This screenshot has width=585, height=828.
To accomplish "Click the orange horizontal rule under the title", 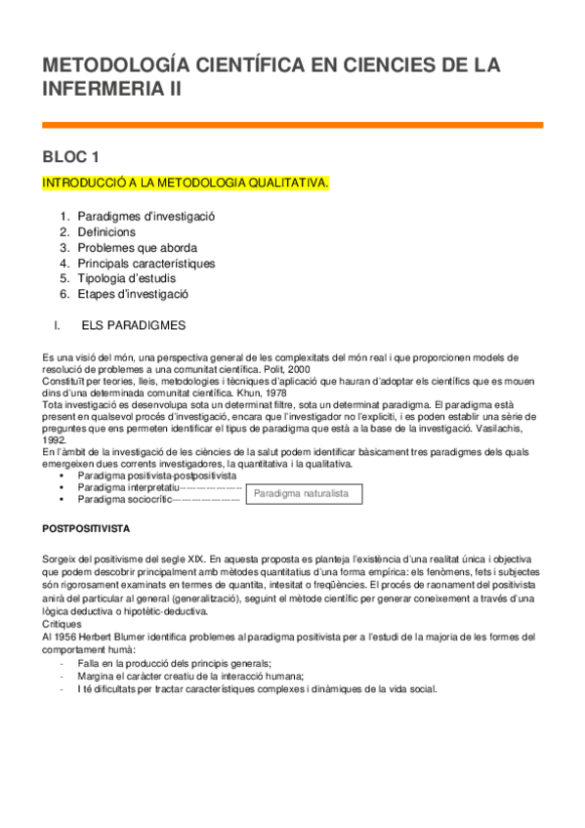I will pyautogui.click(x=292, y=125).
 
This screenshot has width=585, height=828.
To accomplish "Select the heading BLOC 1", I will pyautogui.click(x=71, y=156).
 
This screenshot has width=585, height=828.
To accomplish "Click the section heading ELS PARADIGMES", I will pyautogui.click(x=137, y=323).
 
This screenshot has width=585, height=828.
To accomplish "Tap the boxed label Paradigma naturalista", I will pyautogui.click(x=302, y=494).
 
